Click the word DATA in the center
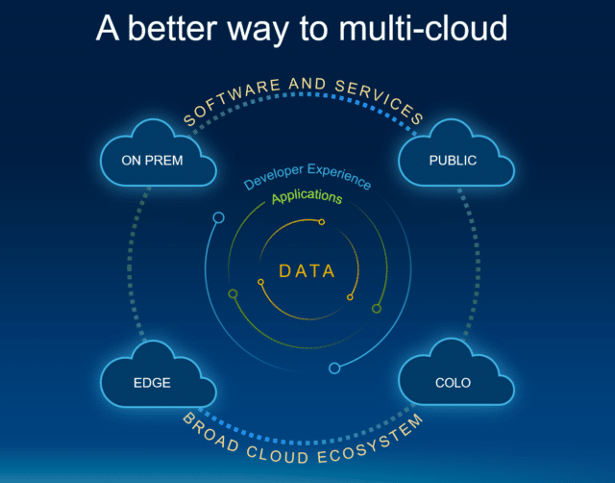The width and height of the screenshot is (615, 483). click(307, 271)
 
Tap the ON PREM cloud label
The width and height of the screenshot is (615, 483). click(152, 161)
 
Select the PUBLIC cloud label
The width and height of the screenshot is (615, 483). click(453, 161)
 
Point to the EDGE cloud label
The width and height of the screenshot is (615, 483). click(152, 383)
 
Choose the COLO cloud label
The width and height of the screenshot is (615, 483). click(453, 383)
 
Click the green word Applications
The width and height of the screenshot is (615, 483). click(307, 196)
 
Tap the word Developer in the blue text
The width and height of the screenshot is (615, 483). click(274, 177)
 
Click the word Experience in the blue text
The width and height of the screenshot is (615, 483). click(339, 176)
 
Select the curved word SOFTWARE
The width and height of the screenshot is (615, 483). click(232, 100)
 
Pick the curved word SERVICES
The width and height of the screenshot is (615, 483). click(380, 100)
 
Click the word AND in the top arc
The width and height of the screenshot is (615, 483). click(307, 84)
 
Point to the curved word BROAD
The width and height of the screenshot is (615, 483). click(210, 433)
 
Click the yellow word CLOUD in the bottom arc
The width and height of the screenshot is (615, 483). click(277, 455)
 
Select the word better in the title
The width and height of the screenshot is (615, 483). click(173, 28)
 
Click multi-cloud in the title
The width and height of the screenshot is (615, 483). click(423, 28)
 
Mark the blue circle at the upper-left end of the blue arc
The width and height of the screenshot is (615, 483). click(218, 217)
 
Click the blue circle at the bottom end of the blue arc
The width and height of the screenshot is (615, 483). click(334, 369)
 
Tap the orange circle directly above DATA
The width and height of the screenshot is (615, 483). click(322, 222)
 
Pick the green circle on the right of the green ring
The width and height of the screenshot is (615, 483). click(377, 309)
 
